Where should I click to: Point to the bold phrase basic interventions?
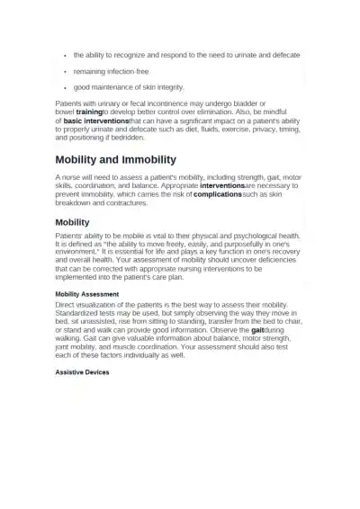95,120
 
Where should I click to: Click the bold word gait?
262,330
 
